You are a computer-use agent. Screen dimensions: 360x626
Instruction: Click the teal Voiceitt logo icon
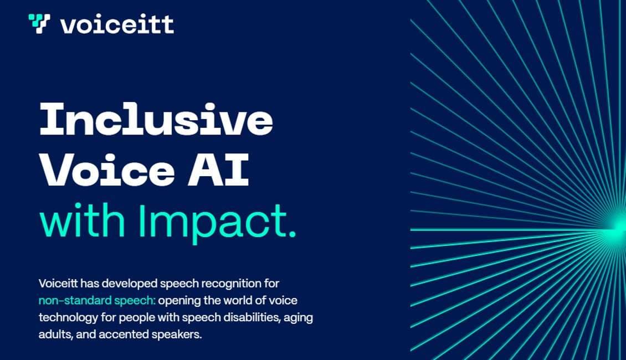click(39, 24)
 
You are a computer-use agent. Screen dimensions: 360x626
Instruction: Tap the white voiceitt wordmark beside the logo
click(117, 24)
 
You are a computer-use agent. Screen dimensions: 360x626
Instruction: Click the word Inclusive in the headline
click(156, 120)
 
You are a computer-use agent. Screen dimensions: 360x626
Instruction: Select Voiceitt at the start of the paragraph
click(58, 284)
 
